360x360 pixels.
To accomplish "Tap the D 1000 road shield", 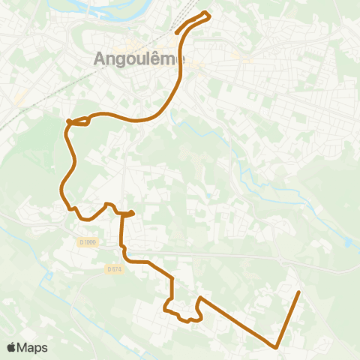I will point(88,241).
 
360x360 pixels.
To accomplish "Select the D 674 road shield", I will point(114,269).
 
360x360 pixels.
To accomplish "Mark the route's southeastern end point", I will point(299,292).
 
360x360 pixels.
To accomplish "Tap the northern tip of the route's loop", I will point(208,15).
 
